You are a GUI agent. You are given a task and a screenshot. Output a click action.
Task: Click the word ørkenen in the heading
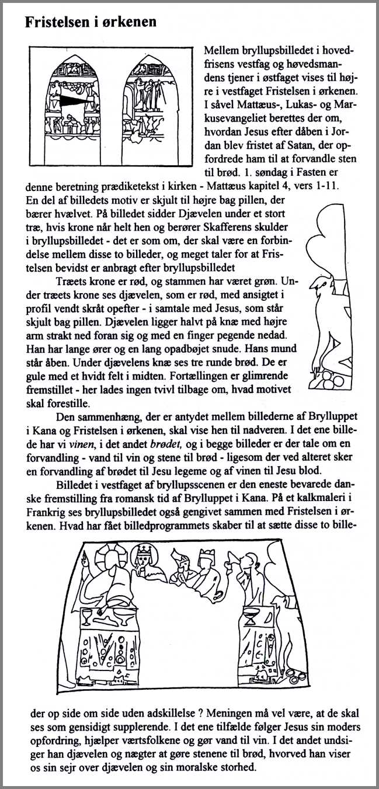point(130,22)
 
